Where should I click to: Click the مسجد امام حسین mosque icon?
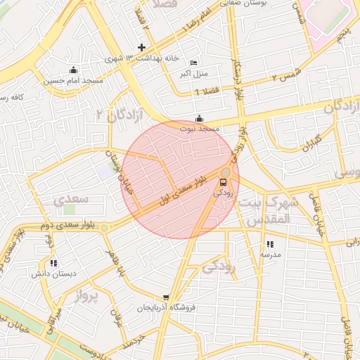73,70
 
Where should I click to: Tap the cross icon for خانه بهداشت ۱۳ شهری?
142,48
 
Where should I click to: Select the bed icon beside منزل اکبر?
194,63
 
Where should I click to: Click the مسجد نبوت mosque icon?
200,118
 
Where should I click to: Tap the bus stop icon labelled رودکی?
224,183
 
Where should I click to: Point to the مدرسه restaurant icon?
270,244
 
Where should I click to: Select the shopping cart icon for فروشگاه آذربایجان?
166,297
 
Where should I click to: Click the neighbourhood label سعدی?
71,200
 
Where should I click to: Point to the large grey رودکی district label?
219,266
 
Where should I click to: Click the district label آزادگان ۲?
120,115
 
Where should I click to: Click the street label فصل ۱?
211,91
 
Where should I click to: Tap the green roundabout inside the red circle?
225,172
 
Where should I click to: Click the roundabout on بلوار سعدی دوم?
105,228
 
